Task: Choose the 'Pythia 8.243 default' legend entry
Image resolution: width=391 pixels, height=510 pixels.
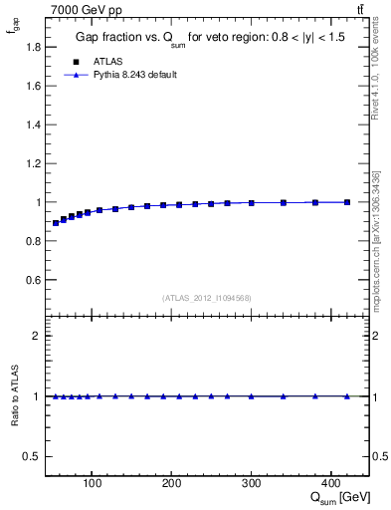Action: tap(134, 74)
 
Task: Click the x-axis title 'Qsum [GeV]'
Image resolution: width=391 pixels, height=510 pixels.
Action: tap(337, 498)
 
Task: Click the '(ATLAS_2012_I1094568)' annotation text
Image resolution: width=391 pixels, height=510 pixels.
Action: tap(207, 298)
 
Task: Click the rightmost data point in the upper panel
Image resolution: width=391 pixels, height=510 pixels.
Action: tap(347, 202)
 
